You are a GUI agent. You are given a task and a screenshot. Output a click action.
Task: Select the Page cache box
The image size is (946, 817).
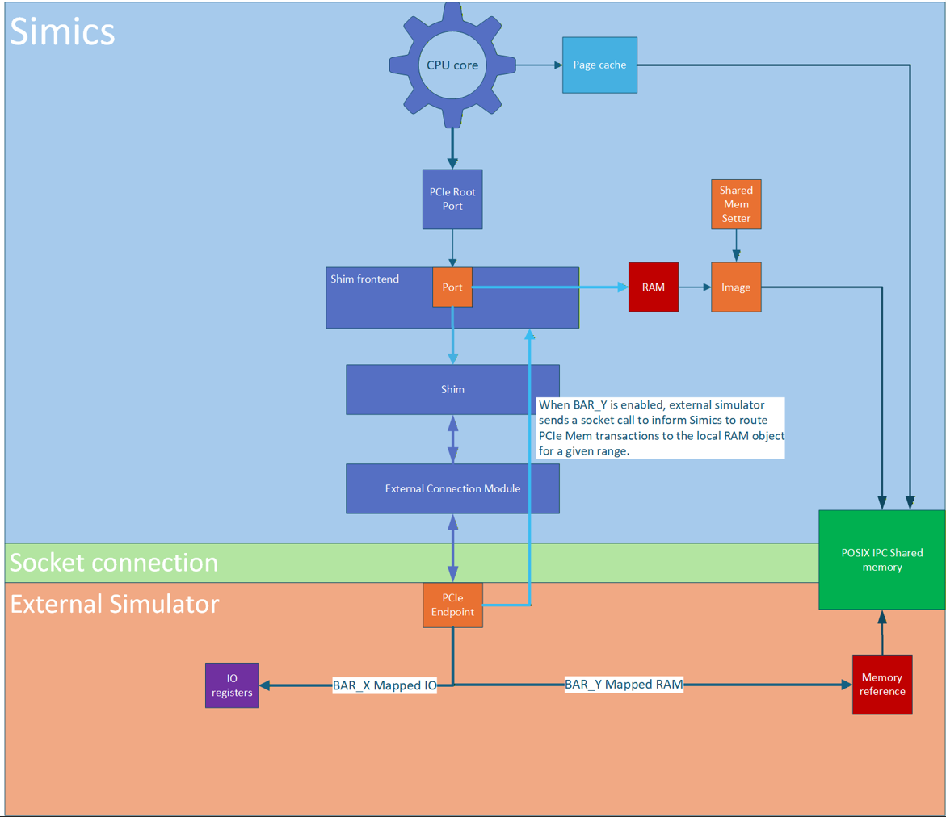tap(599, 65)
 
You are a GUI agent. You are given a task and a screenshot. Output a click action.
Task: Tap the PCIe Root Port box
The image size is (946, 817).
tap(452, 199)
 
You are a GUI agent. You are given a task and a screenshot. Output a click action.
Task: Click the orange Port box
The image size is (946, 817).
tap(452, 287)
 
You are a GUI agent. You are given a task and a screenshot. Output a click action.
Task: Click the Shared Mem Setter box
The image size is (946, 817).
tap(736, 204)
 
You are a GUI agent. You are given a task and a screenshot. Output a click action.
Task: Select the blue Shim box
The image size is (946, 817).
tap(452, 389)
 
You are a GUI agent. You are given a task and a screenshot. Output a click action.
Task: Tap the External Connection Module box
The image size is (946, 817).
tap(452, 488)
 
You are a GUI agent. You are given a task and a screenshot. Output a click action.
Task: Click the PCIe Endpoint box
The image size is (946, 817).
tap(452, 605)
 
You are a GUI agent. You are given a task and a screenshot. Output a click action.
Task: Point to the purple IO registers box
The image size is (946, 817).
tap(232, 685)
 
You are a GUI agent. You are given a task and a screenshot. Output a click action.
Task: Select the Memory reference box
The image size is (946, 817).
tap(882, 685)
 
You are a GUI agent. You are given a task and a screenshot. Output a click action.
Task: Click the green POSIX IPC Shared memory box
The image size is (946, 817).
tap(881, 559)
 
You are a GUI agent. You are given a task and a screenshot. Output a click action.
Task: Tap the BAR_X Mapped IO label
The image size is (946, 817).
tap(385, 686)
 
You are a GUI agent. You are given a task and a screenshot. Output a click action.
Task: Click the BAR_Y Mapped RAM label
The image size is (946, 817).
tap(624, 685)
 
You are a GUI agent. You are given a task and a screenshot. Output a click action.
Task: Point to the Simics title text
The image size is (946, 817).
tap(63, 32)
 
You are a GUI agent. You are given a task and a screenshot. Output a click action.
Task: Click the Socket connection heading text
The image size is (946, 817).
tap(114, 563)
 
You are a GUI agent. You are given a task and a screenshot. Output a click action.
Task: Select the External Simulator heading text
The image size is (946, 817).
tap(114, 604)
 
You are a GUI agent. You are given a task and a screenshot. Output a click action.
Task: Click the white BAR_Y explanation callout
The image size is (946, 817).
tap(660, 428)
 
